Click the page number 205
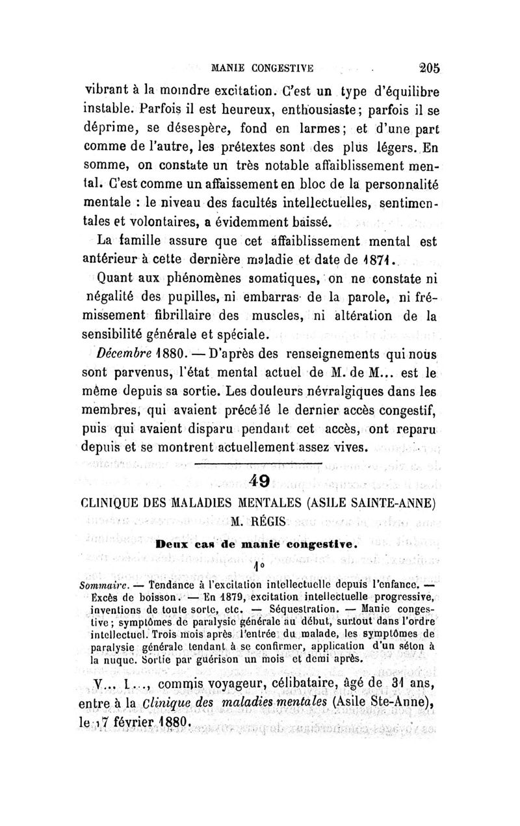[429, 66]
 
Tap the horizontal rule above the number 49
[287, 464]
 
